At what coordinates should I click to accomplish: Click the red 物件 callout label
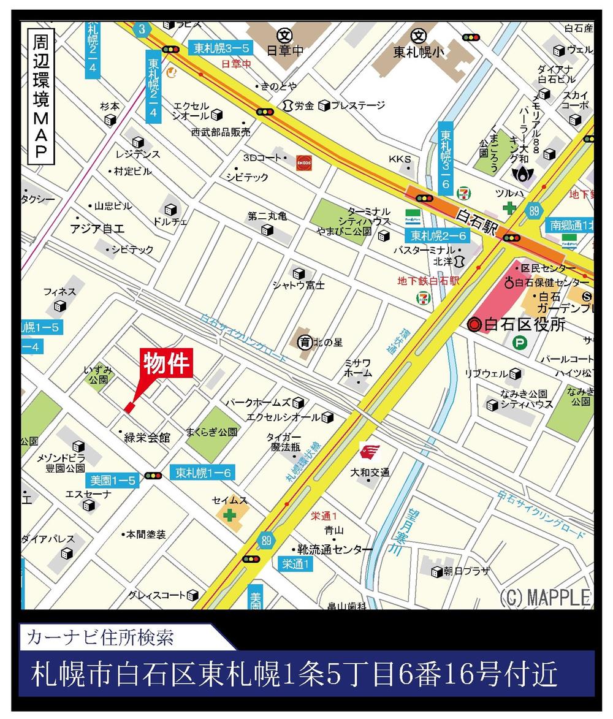pyautogui.click(x=168, y=363)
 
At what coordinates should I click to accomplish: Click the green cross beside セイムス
pyautogui.click(x=229, y=515)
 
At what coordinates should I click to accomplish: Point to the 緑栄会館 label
pyautogui.click(x=147, y=438)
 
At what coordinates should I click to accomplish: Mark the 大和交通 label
pyautogui.click(x=370, y=472)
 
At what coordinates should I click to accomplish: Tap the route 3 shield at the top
pyautogui.click(x=141, y=29)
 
